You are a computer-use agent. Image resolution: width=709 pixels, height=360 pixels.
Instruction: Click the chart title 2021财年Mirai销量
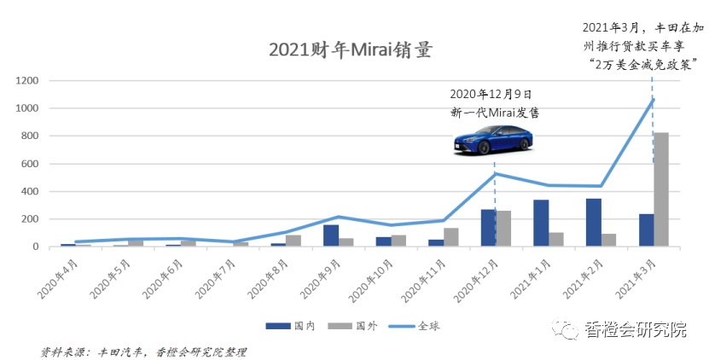[x=350, y=49]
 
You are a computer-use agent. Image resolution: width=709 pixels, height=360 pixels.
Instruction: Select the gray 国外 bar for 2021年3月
[x=660, y=189]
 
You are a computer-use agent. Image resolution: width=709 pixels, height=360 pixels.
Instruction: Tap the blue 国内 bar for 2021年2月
[x=594, y=223]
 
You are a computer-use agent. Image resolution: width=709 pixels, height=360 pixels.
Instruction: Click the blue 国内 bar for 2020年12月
[x=488, y=228]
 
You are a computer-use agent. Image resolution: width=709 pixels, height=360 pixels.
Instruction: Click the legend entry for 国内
[x=291, y=325]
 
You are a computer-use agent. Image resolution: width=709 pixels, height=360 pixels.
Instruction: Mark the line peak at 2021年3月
[x=652, y=99]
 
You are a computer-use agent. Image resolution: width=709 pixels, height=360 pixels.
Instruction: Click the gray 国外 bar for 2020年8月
[x=293, y=241]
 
